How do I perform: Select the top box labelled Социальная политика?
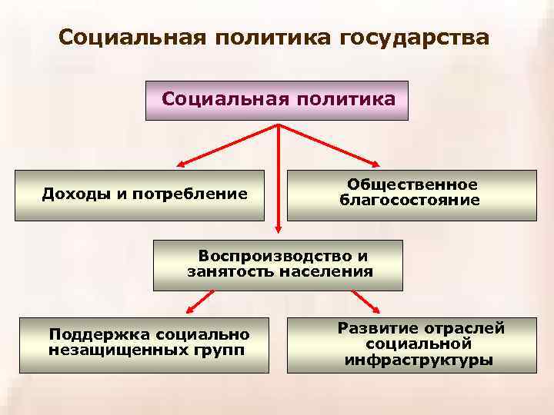click(277, 101)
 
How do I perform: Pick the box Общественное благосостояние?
click(411, 194)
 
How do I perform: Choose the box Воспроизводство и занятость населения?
click(278, 264)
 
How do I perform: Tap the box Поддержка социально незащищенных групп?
click(143, 344)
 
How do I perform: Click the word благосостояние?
click(410, 201)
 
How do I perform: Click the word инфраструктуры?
click(419, 360)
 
